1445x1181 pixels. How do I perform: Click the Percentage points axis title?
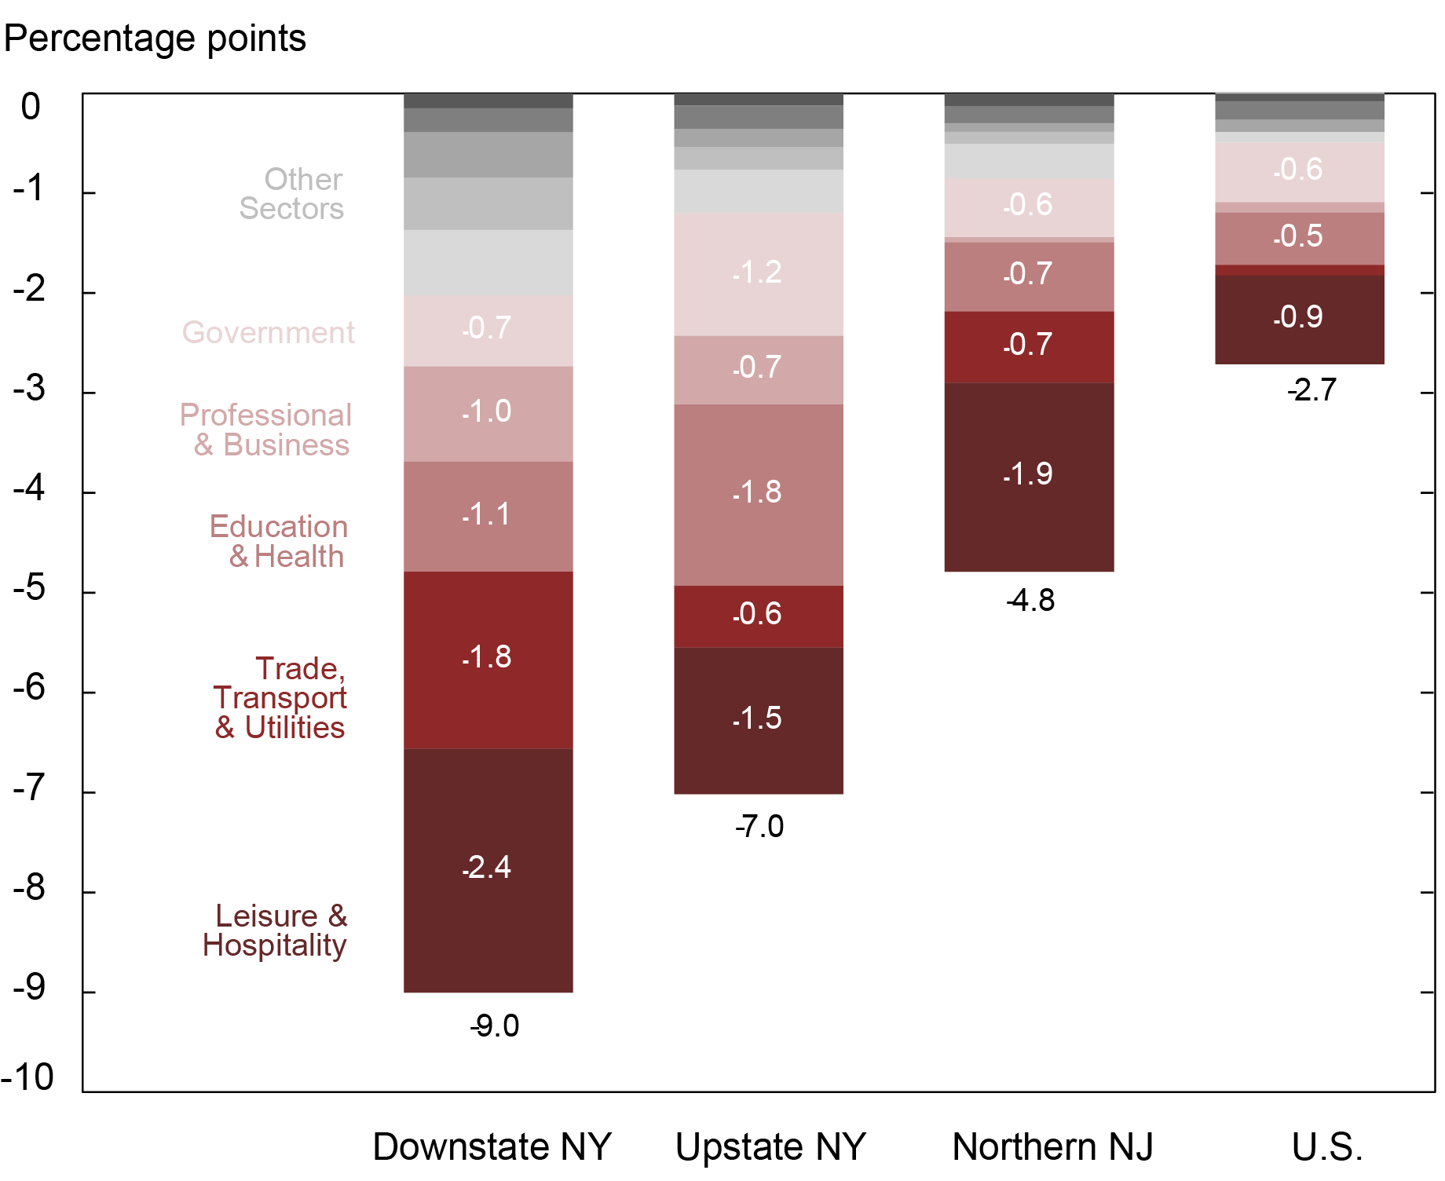tap(155, 38)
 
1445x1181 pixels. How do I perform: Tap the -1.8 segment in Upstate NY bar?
tap(758, 494)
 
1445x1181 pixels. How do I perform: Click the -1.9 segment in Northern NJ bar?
tap(1028, 476)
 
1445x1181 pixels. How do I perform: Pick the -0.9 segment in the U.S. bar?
tap(1299, 318)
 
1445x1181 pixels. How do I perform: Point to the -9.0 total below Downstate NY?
tap(495, 1026)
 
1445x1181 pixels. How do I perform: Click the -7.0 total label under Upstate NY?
tap(759, 827)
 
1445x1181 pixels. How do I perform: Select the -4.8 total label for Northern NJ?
tap(1030, 601)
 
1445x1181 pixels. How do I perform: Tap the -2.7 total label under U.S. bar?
tap(1311, 390)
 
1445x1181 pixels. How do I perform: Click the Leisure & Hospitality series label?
tap(275, 931)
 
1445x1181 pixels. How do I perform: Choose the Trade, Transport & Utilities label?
tap(280, 698)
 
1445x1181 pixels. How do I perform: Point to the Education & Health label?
tap(279, 542)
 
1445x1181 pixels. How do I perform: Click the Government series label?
tap(268, 333)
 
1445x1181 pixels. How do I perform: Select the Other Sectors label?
tap(291, 194)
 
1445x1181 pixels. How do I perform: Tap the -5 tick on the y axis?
tap(30, 589)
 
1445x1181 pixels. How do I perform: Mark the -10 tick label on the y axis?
tap(28, 1077)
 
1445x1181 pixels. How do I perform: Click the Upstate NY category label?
tap(770, 1146)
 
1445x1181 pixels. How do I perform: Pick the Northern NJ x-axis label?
tap(1052, 1146)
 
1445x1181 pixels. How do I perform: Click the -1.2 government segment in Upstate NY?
tap(758, 273)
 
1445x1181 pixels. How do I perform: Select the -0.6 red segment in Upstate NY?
tap(758, 615)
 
